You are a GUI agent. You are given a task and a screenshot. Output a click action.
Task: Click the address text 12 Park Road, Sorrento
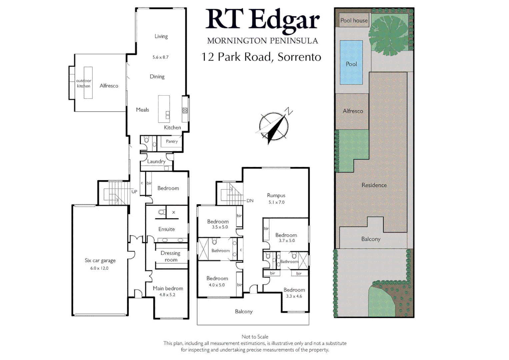pos(261,57)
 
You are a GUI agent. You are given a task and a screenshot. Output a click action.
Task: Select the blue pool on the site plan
pos(351,62)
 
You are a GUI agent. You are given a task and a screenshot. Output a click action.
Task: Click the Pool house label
pos(354,20)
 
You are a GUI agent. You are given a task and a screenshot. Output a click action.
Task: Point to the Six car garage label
pos(100,260)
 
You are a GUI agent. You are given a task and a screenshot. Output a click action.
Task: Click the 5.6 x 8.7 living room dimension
pos(160,57)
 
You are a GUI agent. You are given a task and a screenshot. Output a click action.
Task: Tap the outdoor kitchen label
pos(84,83)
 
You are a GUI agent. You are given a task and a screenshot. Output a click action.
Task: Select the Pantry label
pos(172,141)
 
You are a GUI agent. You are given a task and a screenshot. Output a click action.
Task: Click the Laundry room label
pos(156,161)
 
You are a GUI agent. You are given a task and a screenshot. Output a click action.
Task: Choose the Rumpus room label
pos(276,195)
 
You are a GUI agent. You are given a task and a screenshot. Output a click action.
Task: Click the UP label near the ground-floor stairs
pos(134,192)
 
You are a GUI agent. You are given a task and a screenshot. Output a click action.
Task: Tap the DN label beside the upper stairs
pos(250,201)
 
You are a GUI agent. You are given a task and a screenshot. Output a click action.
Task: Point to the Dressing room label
pos(170,256)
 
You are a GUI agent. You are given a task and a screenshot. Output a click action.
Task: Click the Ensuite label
pos(166,229)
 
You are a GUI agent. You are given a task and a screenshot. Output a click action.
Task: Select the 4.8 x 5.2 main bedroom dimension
pos(167,295)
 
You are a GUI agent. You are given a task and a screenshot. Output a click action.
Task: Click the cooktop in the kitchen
pos(185,110)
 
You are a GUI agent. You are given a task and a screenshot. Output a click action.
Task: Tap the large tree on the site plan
pos(389,35)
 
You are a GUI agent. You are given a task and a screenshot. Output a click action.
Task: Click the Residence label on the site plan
pos(374,185)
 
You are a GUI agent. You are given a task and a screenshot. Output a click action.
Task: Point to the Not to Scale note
pos(255,337)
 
